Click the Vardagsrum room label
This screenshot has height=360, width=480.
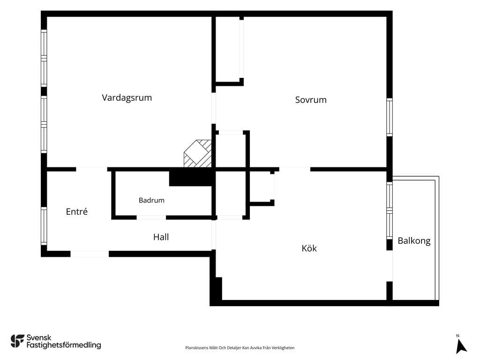coord(127,97)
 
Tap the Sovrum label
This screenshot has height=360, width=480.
coord(311,100)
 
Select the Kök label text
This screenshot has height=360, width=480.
coord(309,248)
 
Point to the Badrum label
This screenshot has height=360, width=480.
coord(151,200)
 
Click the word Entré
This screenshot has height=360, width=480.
coord(76,211)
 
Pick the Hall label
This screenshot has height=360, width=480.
coord(161,237)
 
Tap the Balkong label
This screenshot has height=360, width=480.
coord(414,241)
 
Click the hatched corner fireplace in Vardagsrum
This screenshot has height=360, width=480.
coord(198,153)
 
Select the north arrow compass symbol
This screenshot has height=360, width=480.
coord(461,346)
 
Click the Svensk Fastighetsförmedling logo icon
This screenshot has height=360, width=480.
coord(17,341)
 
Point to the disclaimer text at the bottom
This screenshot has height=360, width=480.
coord(240,348)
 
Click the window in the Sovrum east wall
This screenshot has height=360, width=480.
coord(390,117)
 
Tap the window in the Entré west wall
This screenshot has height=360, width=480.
coord(44,226)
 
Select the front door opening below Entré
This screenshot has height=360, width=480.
coord(90,254)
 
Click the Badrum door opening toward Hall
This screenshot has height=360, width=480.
coord(151,217)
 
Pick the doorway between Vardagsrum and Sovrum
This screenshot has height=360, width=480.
coord(213,108)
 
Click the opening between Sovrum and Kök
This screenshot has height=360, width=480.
coord(294,169)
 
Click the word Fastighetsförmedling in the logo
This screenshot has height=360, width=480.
coord(64,345)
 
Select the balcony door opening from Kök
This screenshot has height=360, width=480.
coord(390,266)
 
